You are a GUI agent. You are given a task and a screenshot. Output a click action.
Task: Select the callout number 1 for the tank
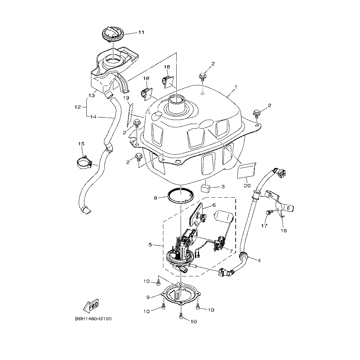pos(236,87)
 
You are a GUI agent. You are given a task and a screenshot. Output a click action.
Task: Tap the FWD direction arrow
pos(90,306)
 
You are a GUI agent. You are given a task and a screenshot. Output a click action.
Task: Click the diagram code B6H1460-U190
pos(93,319)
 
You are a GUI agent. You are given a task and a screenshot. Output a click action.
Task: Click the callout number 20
pos(247,186)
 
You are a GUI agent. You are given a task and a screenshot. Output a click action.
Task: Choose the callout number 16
pos(284,230)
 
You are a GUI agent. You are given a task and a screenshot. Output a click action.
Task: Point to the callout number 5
pos(150,245)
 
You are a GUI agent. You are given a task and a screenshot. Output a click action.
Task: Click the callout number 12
pos(78,107)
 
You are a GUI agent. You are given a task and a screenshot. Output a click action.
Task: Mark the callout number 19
pos(126,98)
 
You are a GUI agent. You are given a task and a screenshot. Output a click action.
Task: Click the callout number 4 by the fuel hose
pos(259,260)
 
